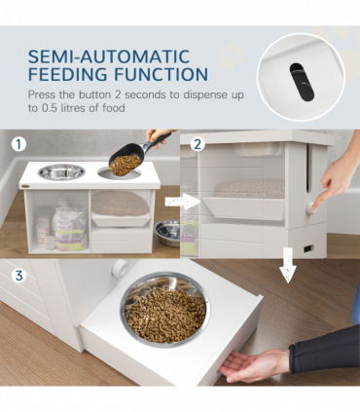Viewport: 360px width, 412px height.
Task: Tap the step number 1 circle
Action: coord(17,143)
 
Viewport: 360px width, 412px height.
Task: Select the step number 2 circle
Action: coord(198,143)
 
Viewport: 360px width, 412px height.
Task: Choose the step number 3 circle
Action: coord(17,276)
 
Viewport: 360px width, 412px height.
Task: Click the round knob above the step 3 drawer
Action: coord(119,269)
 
